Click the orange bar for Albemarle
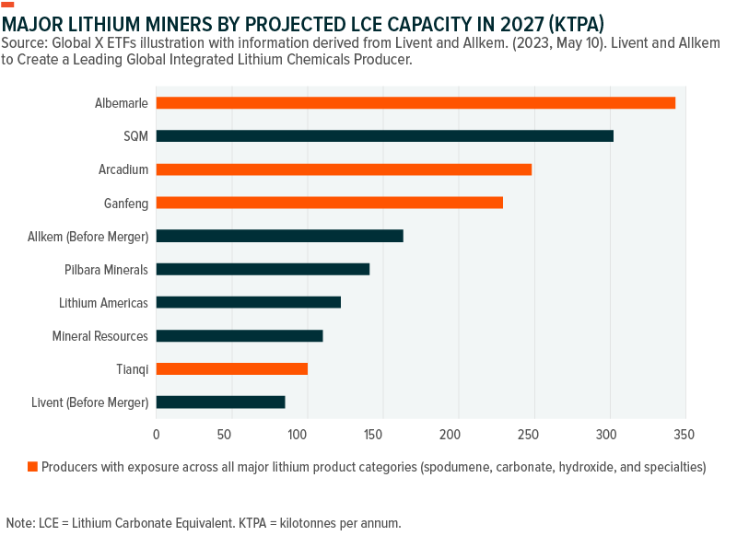(x=415, y=102)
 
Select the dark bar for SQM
(x=384, y=136)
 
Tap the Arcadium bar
(x=344, y=169)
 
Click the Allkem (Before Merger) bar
(x=279, y=236)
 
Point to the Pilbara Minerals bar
(x=263, y=269)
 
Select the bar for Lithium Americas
(x=248, y=302)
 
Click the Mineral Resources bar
(x=240, y=335)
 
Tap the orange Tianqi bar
(x=231, y=368)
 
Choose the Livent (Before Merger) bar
(x=220, y=402)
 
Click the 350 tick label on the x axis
(x=683, y=433)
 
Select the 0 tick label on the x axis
(x=156, y=433)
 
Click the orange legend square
(x=32, y=467)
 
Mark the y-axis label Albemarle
(x=122, y=102)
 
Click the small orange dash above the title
(x=8, y=5)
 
